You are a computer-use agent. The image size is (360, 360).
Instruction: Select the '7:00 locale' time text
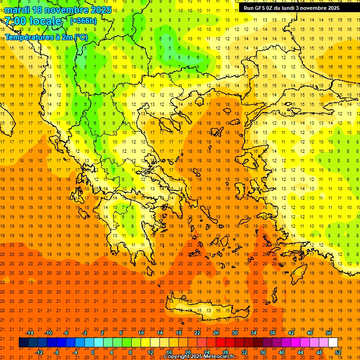(34, 21)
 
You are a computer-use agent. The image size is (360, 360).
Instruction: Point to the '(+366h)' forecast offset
(83, 21)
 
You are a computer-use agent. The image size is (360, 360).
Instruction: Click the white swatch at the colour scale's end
(333, 343)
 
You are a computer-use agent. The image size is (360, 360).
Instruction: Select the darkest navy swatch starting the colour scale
(23, 343)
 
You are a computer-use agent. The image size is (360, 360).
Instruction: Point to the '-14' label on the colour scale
(29, 333)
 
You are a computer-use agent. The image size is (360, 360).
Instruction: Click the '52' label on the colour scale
(338, 352)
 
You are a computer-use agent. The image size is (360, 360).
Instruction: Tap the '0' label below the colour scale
(92, 352)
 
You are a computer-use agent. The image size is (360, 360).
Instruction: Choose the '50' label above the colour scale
(328, 333)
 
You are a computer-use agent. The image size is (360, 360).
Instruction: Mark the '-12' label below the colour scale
(39, 352)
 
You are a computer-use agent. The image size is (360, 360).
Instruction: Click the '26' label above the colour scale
(216, 333)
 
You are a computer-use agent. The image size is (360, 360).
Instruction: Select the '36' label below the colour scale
(263, 352)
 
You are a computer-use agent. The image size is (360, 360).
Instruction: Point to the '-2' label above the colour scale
(85, 333)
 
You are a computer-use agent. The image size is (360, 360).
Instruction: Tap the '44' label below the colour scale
(300, 352)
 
